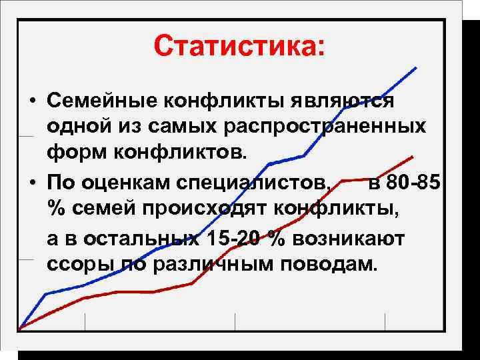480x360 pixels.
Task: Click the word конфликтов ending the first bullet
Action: pyautogui.click(x=181, y=151)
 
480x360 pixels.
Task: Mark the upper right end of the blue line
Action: pyautogui.click(x=416, y=67)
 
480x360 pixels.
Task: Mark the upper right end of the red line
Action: pyautogui.click(x=413, y=156)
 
